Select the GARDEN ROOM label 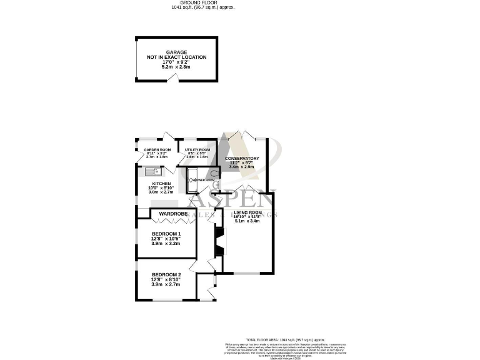tap(157, 150)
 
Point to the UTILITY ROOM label tap(197, 150)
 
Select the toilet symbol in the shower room tap(214, 174)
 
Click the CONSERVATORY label tap(242, 159)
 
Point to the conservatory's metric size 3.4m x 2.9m tap(242, 167)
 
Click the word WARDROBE tap(173, 214)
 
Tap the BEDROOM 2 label tap(166, 274)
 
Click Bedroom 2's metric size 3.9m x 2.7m tap(166, 284)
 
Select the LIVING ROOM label tap(247, 213)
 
